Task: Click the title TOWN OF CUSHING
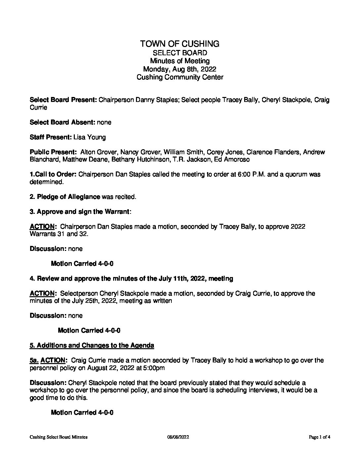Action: point(180,44)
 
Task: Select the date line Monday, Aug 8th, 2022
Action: point(180,69)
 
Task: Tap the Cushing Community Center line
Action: point(180,77)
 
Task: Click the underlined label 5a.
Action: point(34,360)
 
